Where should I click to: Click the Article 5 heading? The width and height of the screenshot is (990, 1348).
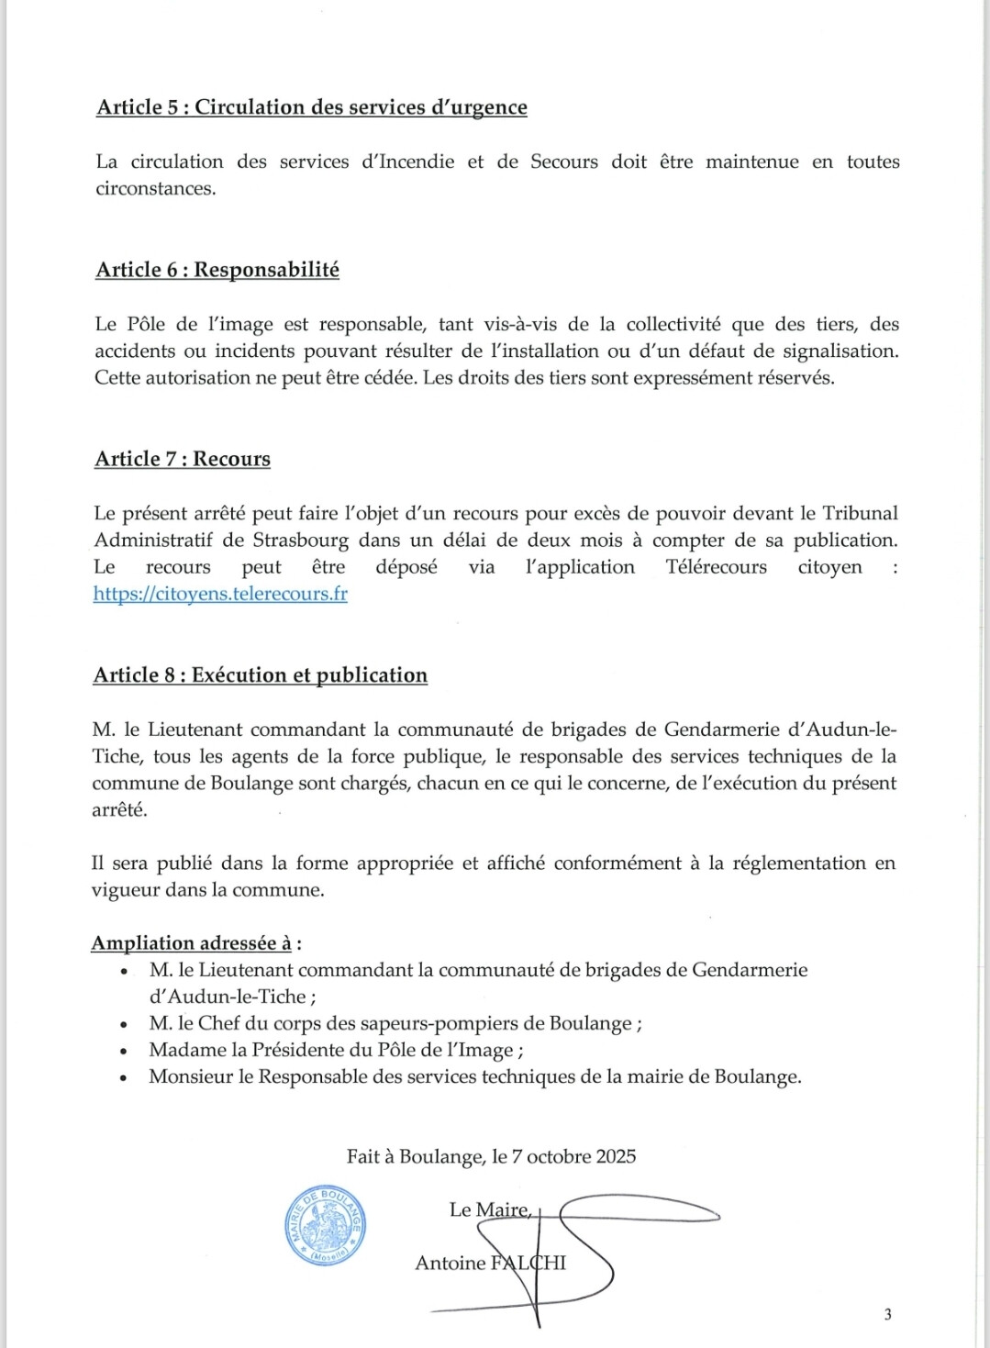tap(311, 107)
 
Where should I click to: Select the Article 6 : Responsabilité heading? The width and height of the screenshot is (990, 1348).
tap(217, 270)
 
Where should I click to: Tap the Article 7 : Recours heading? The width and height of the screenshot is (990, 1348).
tap(182, 459)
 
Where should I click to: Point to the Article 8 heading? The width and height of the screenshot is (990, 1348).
tap(260, 675)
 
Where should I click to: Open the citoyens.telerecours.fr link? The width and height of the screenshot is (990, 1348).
tap(220, 594)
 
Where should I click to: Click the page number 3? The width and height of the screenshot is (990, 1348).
tap(887, 1314)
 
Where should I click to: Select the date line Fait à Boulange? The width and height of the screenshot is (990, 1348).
tap(491, 1156)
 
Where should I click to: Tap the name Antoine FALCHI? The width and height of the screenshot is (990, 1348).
tap(490, 1264)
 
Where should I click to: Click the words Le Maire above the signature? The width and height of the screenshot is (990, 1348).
tap(489, 1210)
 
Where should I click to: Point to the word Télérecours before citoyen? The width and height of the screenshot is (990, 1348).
tap(716, 567)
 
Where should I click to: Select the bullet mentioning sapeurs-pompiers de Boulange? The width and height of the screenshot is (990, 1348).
tap(395, 1024)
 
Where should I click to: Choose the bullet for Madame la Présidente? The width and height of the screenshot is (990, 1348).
tap(336, 1051)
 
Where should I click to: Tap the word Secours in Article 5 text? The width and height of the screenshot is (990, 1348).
tap(563, 162)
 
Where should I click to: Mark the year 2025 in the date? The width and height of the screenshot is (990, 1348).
tap(615, 1156)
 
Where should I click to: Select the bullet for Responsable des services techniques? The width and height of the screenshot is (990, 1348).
tap(474, 1077)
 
